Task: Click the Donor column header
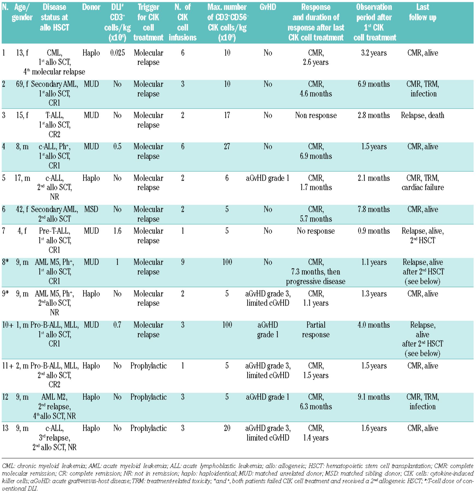[x=91, y=7]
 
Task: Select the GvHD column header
[x=268, y=7]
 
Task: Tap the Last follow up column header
[x=422, y=12]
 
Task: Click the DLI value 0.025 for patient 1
[x=117, y=53]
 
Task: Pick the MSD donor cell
[x=91, y=209]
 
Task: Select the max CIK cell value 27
[x=227, y=147]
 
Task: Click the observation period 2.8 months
[x=374, y=115]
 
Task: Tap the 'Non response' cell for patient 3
[x=316, y=115]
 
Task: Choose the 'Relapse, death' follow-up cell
[x=422, y=115]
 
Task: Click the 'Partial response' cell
[x=316, y=330]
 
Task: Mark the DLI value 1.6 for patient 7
[x=117, y=231]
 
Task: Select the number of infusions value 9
[x=183, y=262]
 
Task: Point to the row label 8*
[x=5, y=262]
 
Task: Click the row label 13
[x=5, y=428]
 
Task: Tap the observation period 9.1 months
[x=374, y=397]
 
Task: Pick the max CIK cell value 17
[x=227, y=115]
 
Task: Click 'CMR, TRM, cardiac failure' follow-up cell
[x=422, y=183]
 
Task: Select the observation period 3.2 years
[x=374, y=53]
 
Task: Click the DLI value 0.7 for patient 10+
[x=117, y=325]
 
